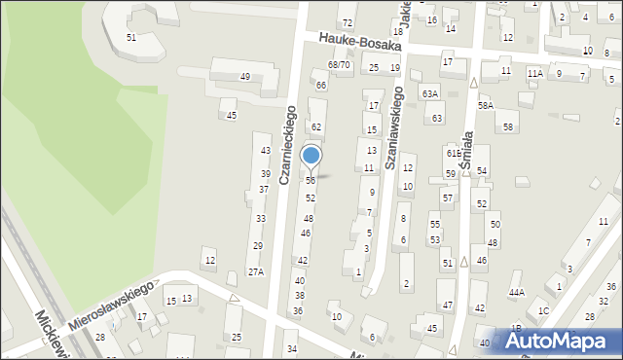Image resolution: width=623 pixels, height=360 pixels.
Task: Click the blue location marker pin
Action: pos(311,157)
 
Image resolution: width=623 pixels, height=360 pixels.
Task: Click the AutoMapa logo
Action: pos(560,341)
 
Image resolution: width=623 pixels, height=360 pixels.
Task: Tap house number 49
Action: pos(246,77)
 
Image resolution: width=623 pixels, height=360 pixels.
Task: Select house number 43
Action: pos(265,151)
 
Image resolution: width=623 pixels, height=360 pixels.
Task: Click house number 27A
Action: pos(255,272)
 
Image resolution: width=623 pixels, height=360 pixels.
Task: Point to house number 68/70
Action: pos(339,64)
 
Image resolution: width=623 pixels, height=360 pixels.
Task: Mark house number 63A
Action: pos(430,93)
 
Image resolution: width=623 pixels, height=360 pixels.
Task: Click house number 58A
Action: pos(485,105)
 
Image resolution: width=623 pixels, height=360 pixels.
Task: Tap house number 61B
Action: pos(454,154)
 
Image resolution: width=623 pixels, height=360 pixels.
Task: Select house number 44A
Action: pos(516,292)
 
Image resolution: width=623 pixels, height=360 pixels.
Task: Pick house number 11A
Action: pos(534,73)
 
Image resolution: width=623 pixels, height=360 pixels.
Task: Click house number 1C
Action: pos(543,311)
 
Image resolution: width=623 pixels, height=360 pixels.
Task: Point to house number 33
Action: pos(260,219)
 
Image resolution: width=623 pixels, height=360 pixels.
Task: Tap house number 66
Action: pos(320,86)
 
